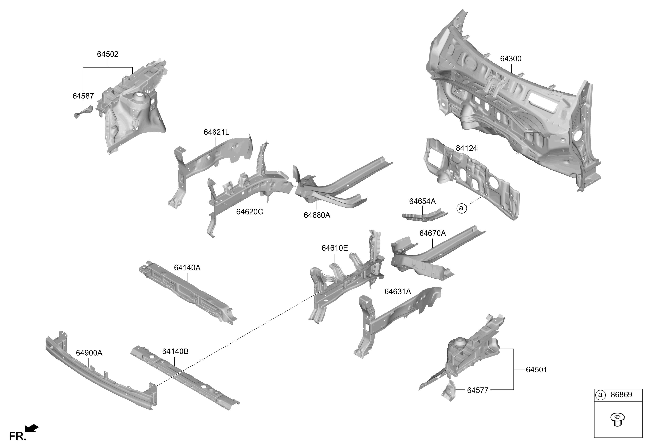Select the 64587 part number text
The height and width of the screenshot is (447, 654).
pyautogui.click(x=83, y=96)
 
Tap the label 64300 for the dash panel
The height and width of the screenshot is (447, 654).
pyautogui.click(x=511, y=59)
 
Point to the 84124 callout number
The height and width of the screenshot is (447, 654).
pyautogui.click(x=467, y=148)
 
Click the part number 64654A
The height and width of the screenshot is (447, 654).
pyautogui.click(x=422, y=201)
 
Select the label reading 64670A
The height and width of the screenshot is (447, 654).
pyautogui.click(x=433, y=233)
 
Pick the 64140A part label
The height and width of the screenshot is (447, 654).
pyautogui.click(x=187, y=268)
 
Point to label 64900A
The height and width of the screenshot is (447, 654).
pyautogui.click(x=89, y=353)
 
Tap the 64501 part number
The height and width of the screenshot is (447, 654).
pyautogui.click(x=537, y=370)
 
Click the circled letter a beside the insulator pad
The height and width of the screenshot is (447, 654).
pyautogui.click(x=461, y=209)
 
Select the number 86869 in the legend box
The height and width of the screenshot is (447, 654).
pyautogui.click(x=621, y=395)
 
